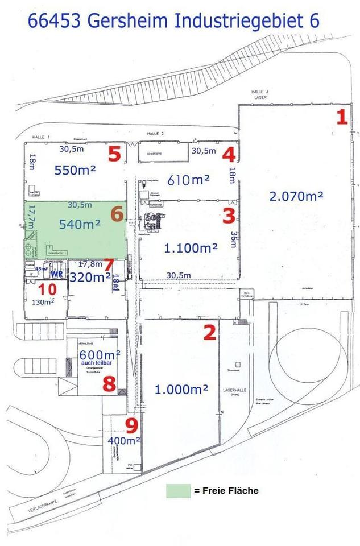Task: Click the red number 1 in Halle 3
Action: click(x=342, y=117)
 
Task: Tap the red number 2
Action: click(x=210, y=332)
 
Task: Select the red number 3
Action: click(x=229, y=216)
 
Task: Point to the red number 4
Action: click(x=229, y=154)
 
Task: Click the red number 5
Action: click(x=114, y=154)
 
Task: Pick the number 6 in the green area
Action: click(x=117, y=214)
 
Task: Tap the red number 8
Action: click(x=109, y=384)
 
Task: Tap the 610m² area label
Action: click(x=189, y=180)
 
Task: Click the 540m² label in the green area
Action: click(x=80, y=225)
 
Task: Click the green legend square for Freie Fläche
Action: click(x=178, y=491)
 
